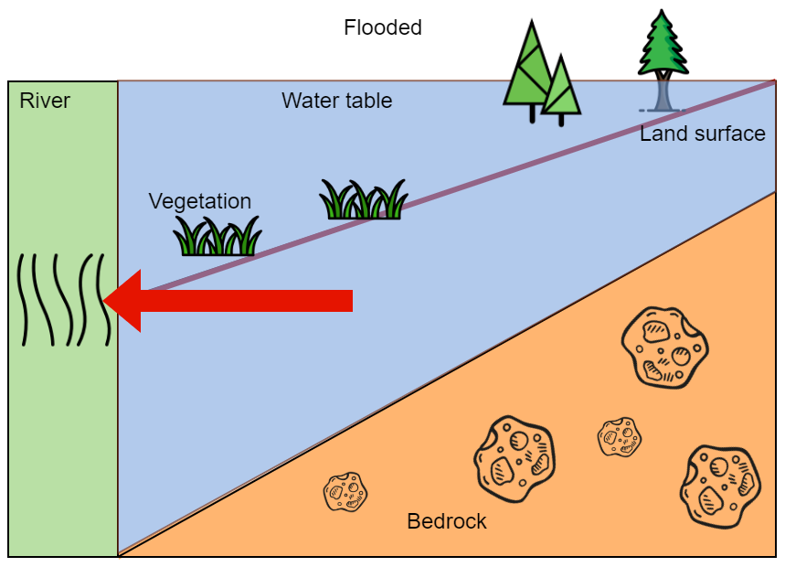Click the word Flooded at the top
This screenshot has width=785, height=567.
pos(383,27)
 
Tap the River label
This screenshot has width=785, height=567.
pos(45,101)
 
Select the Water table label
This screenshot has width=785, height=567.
pos(336,101)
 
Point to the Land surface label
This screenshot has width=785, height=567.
pos(703,134)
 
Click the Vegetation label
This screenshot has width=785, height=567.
pos(200,201)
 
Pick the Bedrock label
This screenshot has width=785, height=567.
pos(447,521)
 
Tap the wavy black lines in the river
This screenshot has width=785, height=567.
pos(64,300)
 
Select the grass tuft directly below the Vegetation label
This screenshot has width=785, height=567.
pos(217,237)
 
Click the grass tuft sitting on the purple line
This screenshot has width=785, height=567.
pos(364,199)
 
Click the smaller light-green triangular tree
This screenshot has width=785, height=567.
pos(562,91)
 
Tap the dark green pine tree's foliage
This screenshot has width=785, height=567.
pos(663,44)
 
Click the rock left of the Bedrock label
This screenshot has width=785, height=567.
pos(345,491)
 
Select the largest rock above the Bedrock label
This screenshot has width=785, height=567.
pos(514,458)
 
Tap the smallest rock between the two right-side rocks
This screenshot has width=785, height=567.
pos(620,437)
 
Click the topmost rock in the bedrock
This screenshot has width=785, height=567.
pos(665,348)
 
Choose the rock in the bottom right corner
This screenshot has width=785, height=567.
pos(720,487)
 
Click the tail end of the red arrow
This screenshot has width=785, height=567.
pos(352,301)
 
